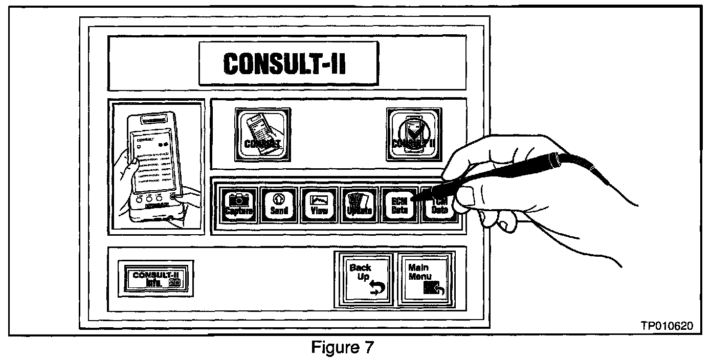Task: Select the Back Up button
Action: click(362, 279)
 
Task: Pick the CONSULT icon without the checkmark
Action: click(264, 134)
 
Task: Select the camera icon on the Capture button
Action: click(237, 199)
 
